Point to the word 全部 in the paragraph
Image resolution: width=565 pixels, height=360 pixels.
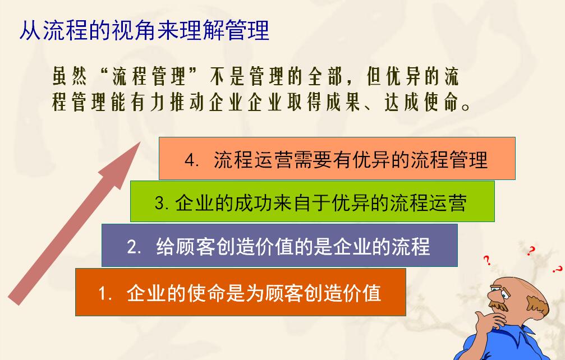pos(324,76)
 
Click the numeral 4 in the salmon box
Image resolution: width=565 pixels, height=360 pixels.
pos(190,160)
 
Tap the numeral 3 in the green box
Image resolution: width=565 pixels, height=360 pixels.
pos(160,203)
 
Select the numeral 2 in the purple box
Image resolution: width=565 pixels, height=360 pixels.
pos(132,247)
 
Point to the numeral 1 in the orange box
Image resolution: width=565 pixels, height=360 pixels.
pos(103,293)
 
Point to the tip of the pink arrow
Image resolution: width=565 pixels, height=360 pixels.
pos(140,142)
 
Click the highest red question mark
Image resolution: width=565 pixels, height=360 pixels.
pos(530,251)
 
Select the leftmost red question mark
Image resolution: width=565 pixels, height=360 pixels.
pos(487,260)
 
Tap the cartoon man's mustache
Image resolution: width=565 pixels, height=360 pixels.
pos(499,304)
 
